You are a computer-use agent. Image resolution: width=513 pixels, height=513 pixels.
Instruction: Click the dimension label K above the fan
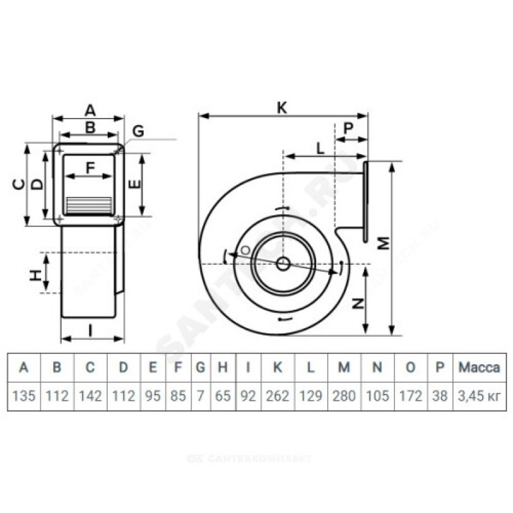coord(282,108)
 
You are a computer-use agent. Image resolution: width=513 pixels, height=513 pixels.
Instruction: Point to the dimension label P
coord(348,128)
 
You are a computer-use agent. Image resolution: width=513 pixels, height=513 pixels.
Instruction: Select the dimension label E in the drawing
coord(134,185)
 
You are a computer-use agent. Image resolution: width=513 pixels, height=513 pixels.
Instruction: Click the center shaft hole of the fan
coord(283,264)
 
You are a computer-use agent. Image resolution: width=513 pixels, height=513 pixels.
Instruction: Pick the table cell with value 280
coord(344,396)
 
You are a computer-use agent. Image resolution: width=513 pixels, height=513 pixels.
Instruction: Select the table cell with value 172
coord(412,396)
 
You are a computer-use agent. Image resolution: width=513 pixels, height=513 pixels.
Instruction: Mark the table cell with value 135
coord(24,396)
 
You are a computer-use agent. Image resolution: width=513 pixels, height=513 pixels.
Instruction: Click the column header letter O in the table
coord(412,367)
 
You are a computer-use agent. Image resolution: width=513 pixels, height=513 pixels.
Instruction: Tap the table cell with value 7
coord(200,396)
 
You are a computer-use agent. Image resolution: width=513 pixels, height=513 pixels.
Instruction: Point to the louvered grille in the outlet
coord(90,205)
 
